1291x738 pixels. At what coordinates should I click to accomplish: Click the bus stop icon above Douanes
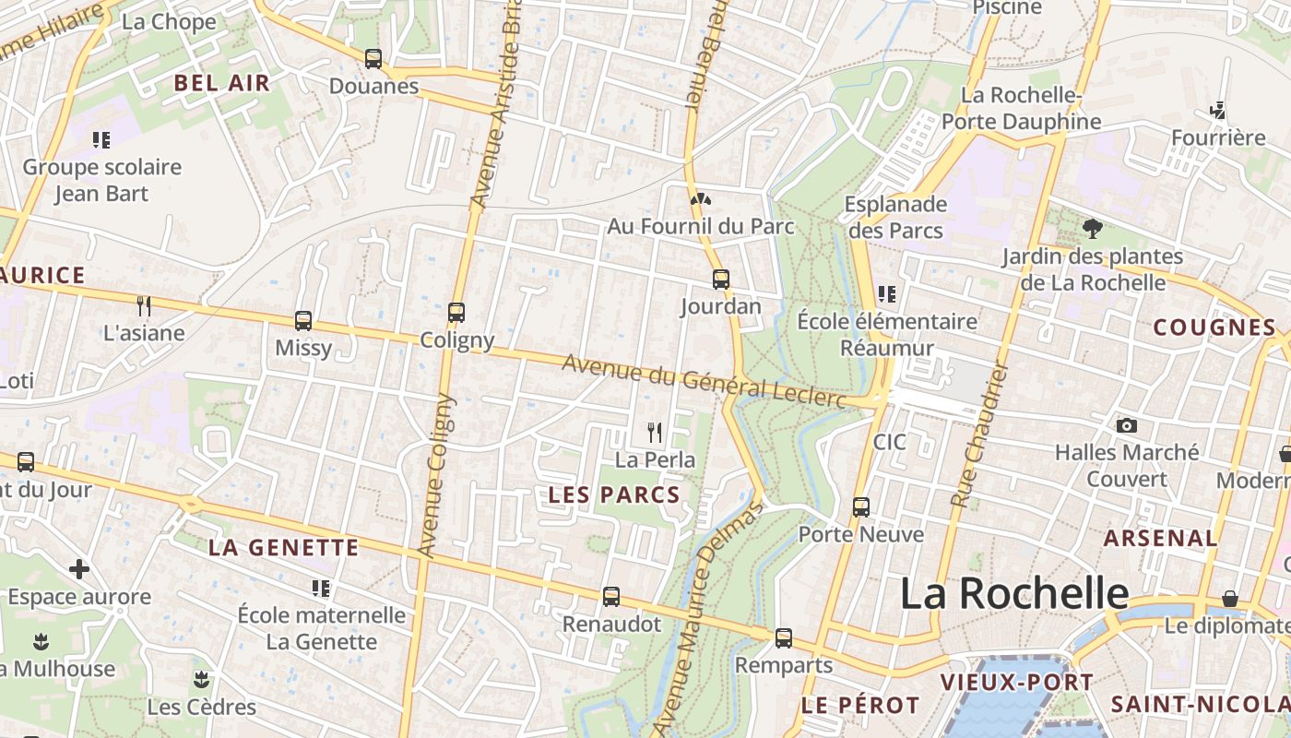click(373, 58)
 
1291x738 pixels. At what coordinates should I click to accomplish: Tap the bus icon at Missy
click(303, 321)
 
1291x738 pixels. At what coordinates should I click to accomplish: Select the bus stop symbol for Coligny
click(456, 313)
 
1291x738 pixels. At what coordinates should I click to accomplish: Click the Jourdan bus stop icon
click(721, 279)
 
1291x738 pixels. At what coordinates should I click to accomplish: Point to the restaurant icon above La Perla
click(655, 432)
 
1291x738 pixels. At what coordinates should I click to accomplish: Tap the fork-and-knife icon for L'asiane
click(144, 305)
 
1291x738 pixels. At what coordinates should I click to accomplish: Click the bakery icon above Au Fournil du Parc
click(700, 198)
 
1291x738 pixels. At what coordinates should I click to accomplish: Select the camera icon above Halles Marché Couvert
click(1126, 425)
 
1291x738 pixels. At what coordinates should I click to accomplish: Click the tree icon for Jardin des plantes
click(1093, 228)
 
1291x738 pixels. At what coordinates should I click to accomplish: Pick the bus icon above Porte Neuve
click(860, 506)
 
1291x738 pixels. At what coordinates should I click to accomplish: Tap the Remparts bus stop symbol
click(784, 637)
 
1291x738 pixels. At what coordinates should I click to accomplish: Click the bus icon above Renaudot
click(611, 597)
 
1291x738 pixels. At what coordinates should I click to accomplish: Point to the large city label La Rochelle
click(1013, 592)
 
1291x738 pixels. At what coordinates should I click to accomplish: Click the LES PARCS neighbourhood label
click(614, 494)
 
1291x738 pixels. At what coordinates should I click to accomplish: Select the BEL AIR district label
click(222, 83)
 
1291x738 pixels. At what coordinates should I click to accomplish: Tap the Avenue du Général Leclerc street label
click(704, 380)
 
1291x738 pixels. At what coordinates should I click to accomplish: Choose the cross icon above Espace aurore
click(79, 569)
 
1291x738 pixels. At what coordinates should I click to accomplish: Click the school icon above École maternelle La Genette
click(321, 588)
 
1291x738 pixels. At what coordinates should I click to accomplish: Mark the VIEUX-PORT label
click(1016, 683)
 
